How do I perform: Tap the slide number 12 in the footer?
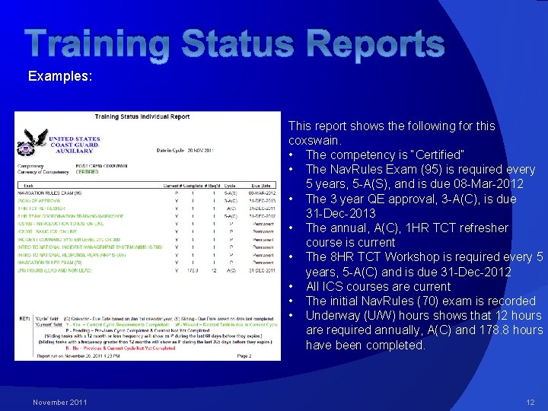point(530,402)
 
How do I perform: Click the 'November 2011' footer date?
point(60,402)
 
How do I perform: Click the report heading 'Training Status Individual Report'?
point(142,117)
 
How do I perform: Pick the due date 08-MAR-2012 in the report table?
point(260,193)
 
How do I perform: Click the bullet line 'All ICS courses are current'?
point(378,286)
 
